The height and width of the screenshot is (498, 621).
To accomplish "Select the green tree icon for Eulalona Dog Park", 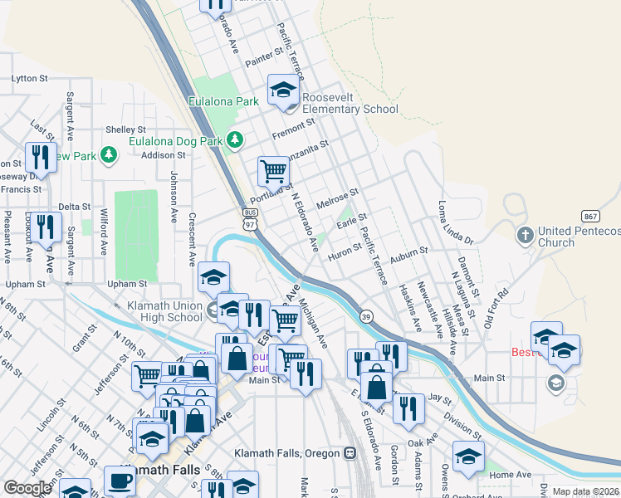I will pos(236,140).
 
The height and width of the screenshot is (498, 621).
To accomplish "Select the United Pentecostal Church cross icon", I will pos(525,236).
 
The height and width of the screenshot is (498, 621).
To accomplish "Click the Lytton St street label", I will pos(30,78).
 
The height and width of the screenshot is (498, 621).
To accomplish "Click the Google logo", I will pos(27,488).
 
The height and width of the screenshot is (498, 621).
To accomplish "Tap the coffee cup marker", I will pos(120,480).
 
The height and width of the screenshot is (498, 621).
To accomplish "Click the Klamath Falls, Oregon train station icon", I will pos(350,453).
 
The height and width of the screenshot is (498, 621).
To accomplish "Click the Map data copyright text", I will pos(586,491).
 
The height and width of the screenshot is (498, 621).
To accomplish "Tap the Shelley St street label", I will pos(125,130).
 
